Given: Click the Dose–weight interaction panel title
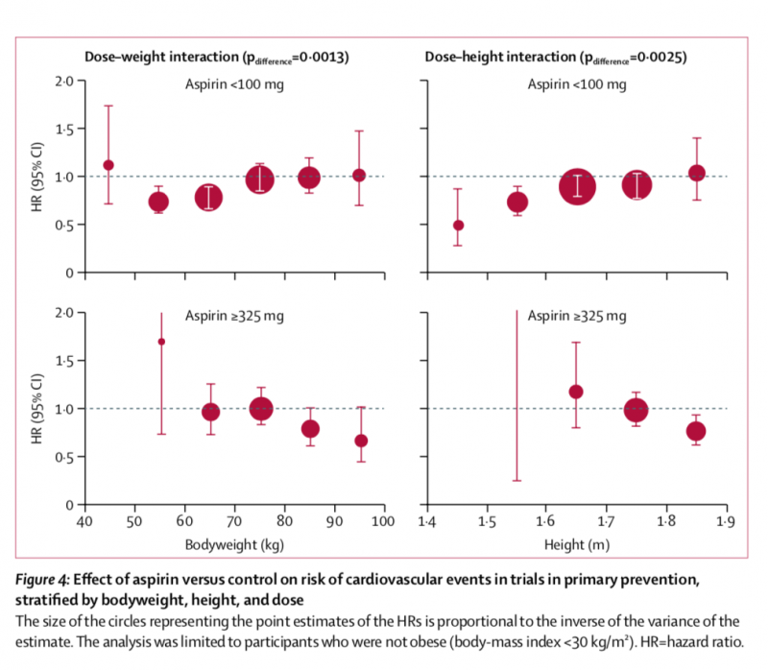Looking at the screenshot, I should pyautogui.click(x=217, y=58).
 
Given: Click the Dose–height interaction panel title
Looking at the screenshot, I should pyautogui.click(x=556, y=58).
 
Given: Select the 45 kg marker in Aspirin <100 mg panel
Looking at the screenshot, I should pyautogui.click(x=108, y=165).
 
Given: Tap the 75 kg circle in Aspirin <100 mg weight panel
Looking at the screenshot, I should pyautogui.click(x=259, y=179).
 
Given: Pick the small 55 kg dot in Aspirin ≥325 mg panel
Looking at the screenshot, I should pyautogui.click(x=161, y=342).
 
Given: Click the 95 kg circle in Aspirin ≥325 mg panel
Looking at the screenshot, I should pyautogui.click(x=360, y=441).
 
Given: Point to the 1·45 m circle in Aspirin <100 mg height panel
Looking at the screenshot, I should pyautogui.click(x=458, y=226).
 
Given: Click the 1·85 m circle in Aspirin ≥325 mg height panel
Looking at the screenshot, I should pyautogui.click(x=696, y=431).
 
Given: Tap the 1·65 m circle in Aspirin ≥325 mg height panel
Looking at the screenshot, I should pyautogui.click(x=576, y=392).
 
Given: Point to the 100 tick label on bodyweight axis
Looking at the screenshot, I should pyautogui.click(x=383, y=522).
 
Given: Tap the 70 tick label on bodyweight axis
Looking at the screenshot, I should pyautogui.click(x=233, y=522).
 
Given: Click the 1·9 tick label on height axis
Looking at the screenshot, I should pyautogui.click(x=727, y=522).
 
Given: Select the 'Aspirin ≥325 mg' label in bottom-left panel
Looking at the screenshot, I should pyautogui.click(x=235, y=316).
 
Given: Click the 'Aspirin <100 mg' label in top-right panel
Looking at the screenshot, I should pyautogui.click(x=577, y=84).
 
